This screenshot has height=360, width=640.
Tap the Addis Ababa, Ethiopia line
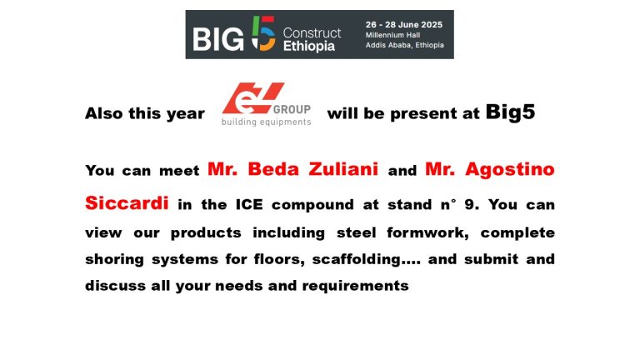(x=404, y=45)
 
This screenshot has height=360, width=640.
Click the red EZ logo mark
(x=253, y=98)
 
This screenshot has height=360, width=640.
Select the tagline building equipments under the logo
(x=266, y=122)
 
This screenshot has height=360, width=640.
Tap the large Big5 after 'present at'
(x=510, y=112)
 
